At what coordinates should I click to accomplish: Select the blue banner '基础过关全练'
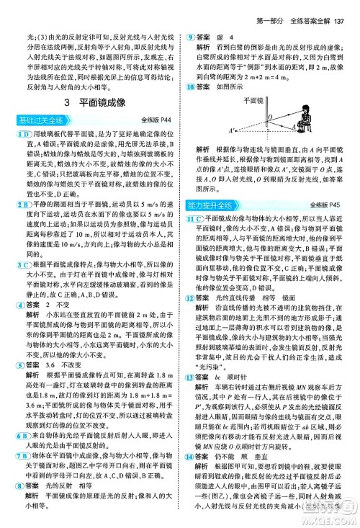pyautogui.click(x=35, y=118)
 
